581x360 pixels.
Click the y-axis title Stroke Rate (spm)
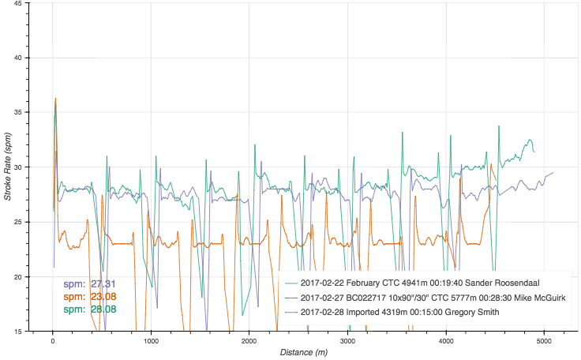pos(8,167)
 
